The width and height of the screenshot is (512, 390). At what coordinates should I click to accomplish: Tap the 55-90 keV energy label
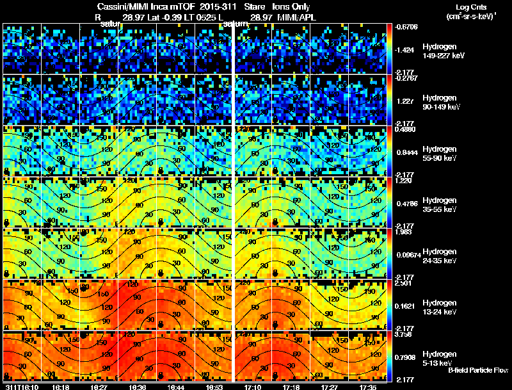440,158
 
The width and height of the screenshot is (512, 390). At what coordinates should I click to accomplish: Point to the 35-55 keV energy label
440,209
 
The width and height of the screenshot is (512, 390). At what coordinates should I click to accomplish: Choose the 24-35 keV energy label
440,261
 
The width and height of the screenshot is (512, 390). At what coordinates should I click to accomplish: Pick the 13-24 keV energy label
440,312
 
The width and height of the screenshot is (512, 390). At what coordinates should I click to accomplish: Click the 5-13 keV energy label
439,363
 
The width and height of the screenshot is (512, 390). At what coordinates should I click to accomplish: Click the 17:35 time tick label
367,387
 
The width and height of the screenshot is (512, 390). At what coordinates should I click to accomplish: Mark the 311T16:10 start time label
21,387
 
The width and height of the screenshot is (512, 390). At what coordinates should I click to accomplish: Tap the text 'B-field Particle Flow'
478,370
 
